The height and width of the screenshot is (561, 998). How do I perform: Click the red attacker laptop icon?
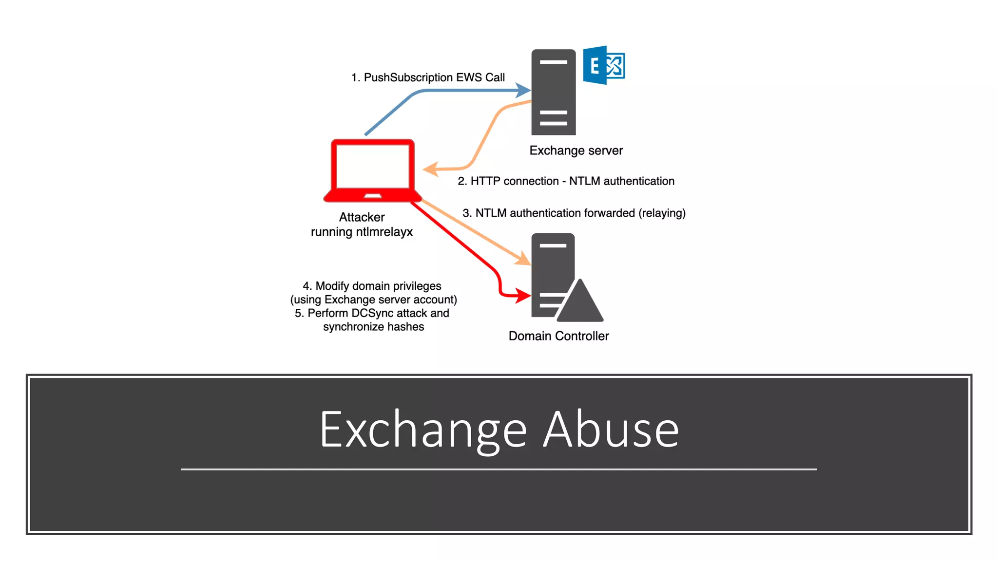click(373, 170)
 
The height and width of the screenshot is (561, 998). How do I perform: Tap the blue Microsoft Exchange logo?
click(603, 65)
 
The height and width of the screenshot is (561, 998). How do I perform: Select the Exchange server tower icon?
click(553, 93)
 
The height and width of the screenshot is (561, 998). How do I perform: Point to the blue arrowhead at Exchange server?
click(524, 90)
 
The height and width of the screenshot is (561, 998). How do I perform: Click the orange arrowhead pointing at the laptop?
click(430, 169)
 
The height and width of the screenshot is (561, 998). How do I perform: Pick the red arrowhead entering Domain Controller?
click(524, 295)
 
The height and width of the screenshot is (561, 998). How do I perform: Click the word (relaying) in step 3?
click(662, 213)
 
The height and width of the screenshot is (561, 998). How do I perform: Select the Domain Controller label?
click(558, 336)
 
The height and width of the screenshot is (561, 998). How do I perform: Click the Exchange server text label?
click(576, 150)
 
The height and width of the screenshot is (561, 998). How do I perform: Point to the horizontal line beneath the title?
click(499, 469)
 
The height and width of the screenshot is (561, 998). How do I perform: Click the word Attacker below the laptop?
click(362, 217)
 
